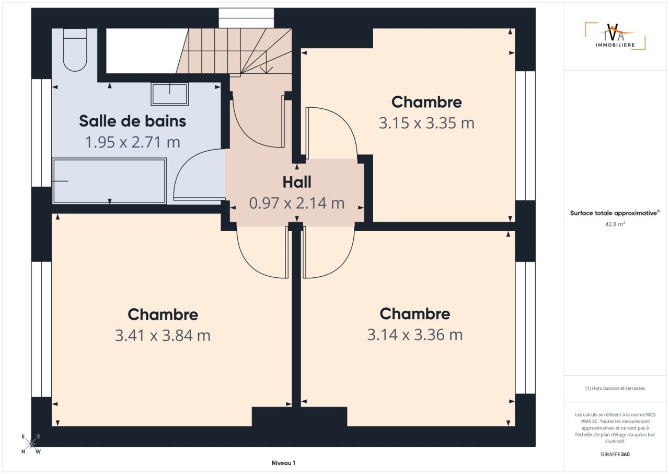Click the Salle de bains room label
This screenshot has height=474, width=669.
pos(132,121)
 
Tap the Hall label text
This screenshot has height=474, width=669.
pos(297,182)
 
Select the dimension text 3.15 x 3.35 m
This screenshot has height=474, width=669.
pos(426,123)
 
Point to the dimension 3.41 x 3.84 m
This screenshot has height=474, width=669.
pos(163,335)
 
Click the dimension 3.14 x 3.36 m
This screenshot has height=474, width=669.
pos(415,335)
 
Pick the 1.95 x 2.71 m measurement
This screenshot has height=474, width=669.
pos(133,142)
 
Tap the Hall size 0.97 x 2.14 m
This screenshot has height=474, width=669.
pos(297,203)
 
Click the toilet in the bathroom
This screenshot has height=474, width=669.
pos(75,50)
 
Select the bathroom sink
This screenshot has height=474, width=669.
pos(170,94)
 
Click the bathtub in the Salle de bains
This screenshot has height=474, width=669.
pos(109,181)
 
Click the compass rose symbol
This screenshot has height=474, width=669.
pos(31,444)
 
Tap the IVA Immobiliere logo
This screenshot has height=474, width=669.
pos(615,36)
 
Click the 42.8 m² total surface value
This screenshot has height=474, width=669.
pos(615,224)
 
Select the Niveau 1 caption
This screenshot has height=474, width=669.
pos(283,463)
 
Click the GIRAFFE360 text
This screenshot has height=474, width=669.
pos(615,454)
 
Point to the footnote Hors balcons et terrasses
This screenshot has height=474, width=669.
pos(615,388)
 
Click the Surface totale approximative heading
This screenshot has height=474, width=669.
pos(615,213)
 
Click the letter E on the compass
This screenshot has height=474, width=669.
pos(23,436)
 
